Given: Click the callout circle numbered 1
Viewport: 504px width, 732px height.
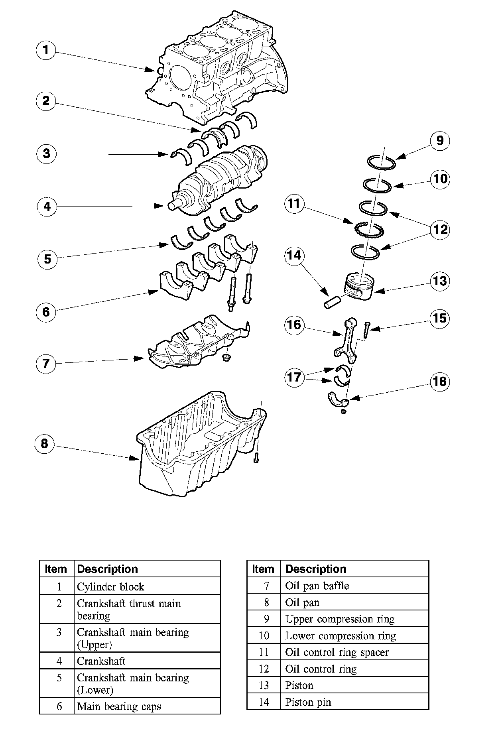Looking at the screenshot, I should pyautogui.click(x=46, y=50).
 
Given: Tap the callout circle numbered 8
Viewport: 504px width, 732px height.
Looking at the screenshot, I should pyautogui.click(x=44, y=443).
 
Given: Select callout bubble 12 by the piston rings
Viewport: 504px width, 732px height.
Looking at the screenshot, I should pyautogui.click(x=440, y=230).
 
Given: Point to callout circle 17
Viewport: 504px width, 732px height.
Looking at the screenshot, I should pyautogui.click(x=294, y=376).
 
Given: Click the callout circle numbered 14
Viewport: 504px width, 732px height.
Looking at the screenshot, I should pyautogui.click(x=294, y=255).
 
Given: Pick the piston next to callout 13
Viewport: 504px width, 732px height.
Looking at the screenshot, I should pyautogui.click(x=359, y=287).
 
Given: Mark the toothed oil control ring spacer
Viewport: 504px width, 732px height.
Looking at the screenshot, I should pyautogui.click(x=368, y=230).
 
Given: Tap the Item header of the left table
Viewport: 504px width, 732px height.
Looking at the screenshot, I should pyautogui.click(x=56, y=569).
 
